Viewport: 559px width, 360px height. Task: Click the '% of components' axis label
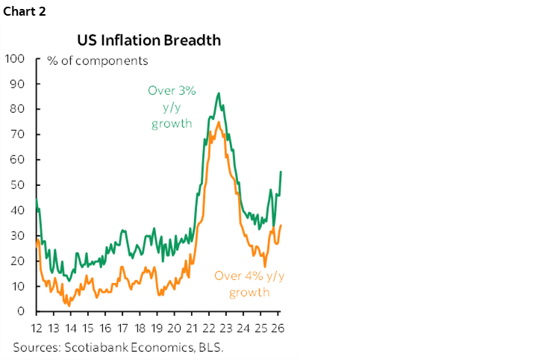98,60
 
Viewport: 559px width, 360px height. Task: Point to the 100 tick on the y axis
16,58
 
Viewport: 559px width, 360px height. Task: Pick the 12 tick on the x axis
37,329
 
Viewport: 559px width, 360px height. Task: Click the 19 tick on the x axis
157,329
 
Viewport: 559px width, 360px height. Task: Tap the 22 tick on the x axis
210,329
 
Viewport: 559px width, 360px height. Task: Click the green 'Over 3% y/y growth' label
172,107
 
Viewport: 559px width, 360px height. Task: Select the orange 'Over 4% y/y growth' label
249,283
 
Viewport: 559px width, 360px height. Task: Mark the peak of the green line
218,93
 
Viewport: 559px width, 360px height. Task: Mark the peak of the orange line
217,122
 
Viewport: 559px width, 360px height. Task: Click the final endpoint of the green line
281,172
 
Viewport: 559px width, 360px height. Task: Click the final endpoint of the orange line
281,225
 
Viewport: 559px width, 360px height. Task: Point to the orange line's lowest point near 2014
69,305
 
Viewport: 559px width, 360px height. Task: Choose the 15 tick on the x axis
88,329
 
